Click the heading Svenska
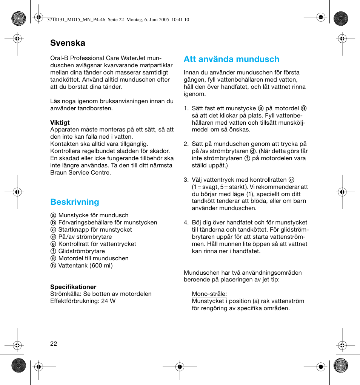click(x=68, y=43)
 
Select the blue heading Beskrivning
click(x=75, y=202)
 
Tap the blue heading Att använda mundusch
click(x=231, y=59)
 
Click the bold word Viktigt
click(x=60, y=122)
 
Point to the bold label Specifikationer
click(x=73, y=287)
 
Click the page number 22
click(x=54, y=343)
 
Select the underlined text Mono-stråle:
click(x=209, y=294)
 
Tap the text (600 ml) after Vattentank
click(x=101, y=266)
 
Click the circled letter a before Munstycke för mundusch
click(x=53, y=215)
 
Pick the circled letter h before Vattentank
click(x=53, y=266)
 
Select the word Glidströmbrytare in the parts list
click(x=82, y=251)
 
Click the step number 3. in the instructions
click(x=186, y=180)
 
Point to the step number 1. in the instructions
click(x=186, y=108)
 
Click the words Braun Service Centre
click(x=80, y=173)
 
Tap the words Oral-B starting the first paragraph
click(x=59, y=58)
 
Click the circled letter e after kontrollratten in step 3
click(x=291, y=180)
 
